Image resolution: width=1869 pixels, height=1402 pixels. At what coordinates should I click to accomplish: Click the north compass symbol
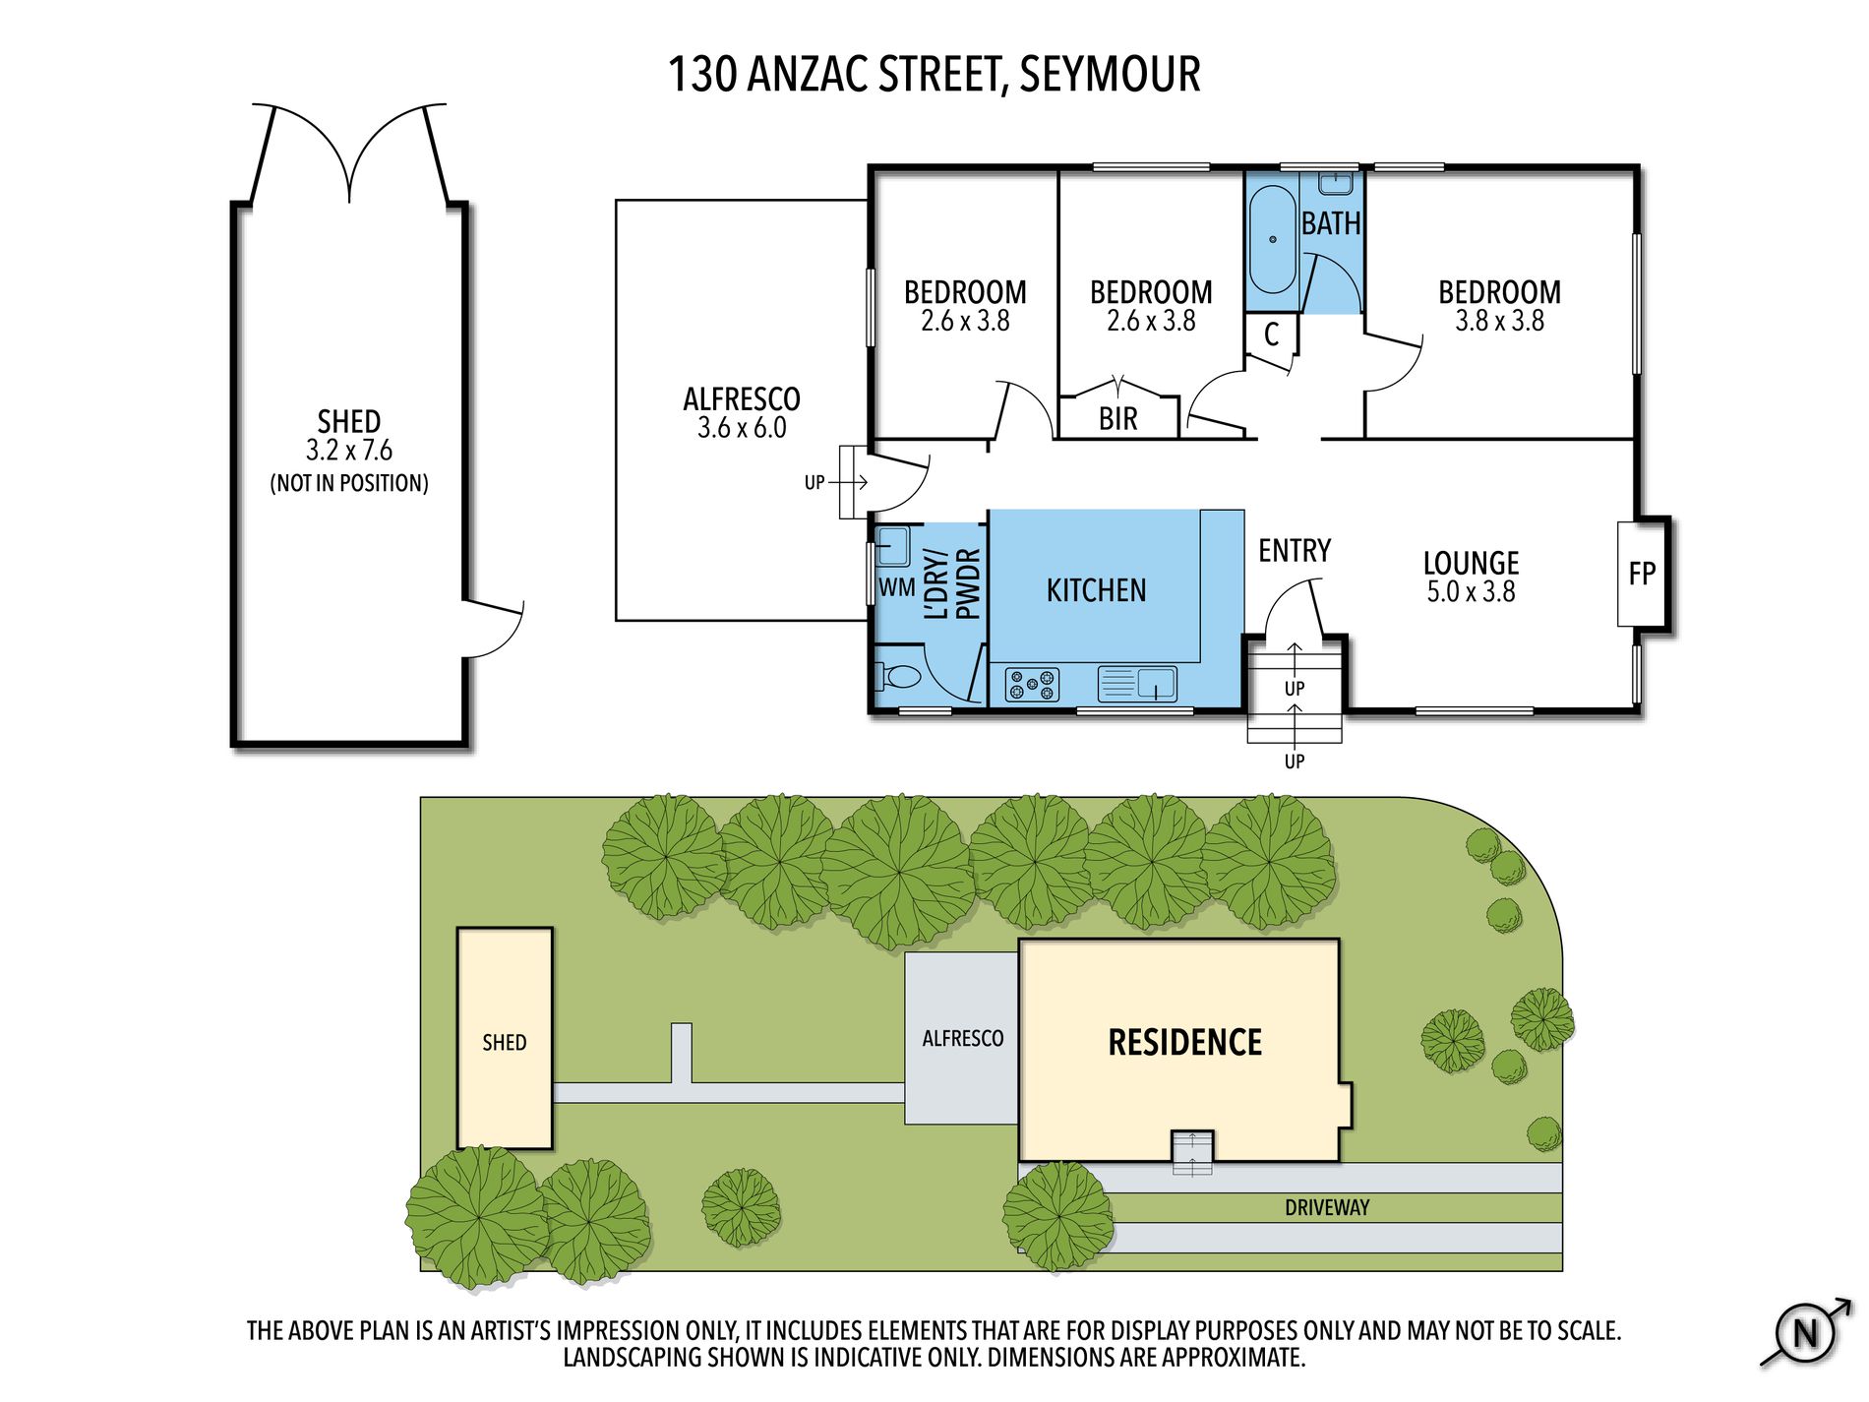1806,1333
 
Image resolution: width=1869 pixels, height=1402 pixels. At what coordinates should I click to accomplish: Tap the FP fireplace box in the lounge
1642,574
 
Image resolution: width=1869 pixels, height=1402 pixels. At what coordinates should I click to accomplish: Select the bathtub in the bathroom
1272,239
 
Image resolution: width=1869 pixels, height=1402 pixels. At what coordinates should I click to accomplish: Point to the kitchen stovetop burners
1032,684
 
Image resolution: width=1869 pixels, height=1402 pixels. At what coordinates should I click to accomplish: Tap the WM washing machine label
896,587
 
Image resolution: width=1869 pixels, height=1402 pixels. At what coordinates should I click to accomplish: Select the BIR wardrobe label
1117,419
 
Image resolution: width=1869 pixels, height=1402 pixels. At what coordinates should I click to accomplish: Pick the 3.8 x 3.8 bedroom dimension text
1499,321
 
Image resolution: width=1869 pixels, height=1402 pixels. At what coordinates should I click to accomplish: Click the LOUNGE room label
1471,563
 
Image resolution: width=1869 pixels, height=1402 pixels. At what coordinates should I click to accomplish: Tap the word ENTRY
1295,551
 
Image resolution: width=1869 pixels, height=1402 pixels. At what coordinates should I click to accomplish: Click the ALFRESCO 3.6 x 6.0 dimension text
742,428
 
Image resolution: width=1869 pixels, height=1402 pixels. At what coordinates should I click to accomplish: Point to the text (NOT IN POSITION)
349,483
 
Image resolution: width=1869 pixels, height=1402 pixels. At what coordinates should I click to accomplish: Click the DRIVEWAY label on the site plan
1327,1207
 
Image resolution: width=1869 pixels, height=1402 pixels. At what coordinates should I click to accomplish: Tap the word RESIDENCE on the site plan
1184,1043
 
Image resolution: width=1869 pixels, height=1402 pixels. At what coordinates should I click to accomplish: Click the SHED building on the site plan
505,1038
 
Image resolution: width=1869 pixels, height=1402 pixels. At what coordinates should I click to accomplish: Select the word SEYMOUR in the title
1110,75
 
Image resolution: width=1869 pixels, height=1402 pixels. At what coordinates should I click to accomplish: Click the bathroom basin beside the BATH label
1336,183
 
